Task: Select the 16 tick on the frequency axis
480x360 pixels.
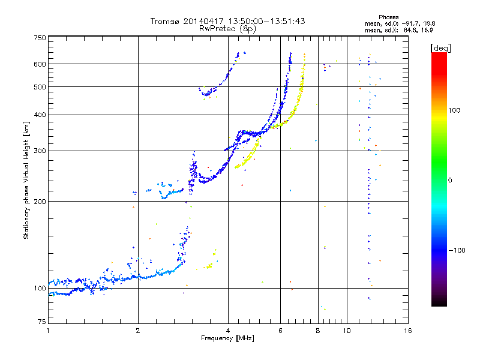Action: click(407, 331)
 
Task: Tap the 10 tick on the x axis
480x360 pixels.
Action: click(347, 331)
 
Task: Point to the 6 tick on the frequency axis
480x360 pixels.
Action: click(280, 331)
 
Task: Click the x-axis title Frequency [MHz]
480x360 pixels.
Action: click(228, 339)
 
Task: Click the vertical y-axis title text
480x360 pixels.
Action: click(26, 181)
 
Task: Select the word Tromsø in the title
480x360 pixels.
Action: click(166, 21)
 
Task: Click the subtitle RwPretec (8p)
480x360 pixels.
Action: click(228, 28)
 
